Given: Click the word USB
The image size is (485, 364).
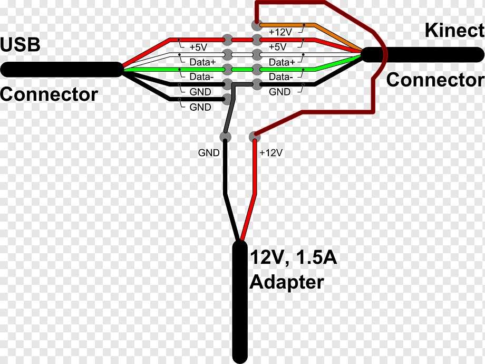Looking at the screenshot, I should pos(21,45).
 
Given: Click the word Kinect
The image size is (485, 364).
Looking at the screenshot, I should pos(454,31).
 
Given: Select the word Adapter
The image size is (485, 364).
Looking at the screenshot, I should pos(286,282).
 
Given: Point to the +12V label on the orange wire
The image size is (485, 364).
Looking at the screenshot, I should pos(280,32).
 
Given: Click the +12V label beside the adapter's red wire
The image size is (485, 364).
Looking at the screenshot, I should pos(271,153).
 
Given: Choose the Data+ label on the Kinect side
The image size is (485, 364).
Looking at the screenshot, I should pos(282,62).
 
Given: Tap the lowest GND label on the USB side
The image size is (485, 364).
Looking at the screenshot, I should pos(200,107).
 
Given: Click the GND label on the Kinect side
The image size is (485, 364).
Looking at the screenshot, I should pos(279,92).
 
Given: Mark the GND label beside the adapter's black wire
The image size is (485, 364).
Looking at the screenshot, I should pos(209,153).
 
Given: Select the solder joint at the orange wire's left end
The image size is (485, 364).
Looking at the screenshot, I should pos(256,24).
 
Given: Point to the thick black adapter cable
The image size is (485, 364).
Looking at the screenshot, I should pos(240,306).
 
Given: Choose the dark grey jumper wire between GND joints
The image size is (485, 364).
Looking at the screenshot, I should pos(230,113).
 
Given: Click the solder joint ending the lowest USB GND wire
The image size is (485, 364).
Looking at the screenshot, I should pos(228,99).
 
